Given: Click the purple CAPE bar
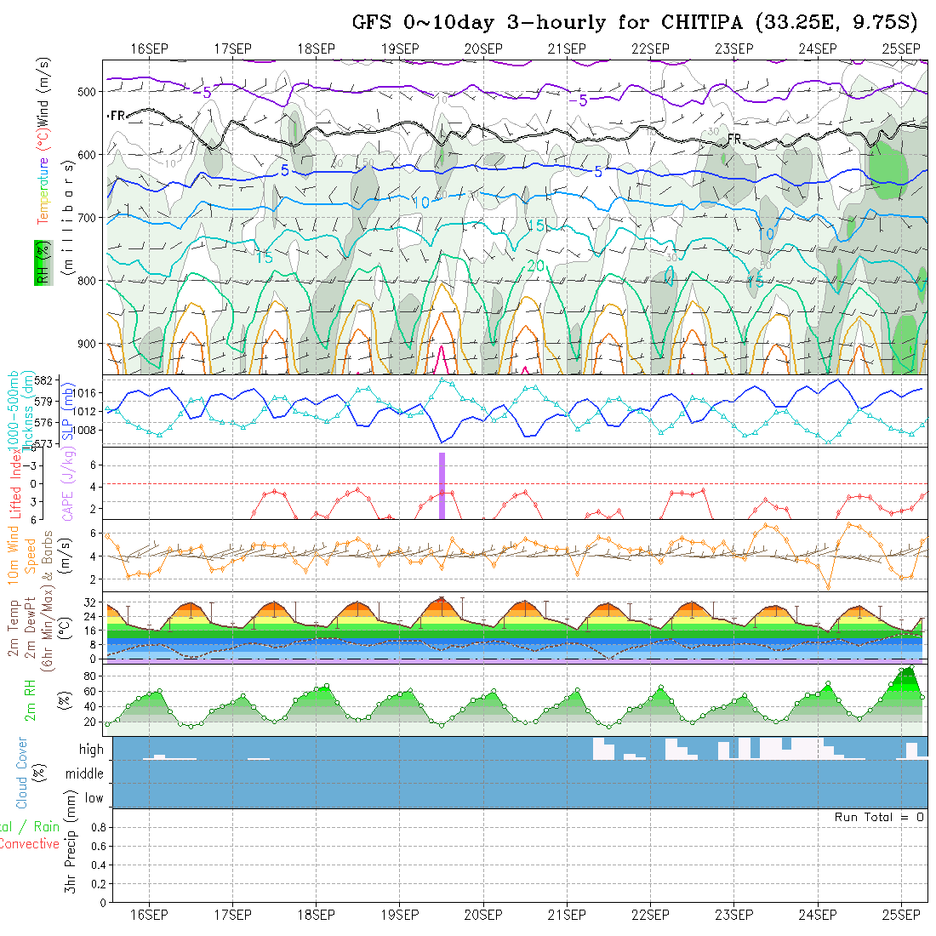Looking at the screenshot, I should point(442,485).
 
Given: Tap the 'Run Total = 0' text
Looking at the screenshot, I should point(879,817).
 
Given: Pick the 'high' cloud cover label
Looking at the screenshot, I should point(91,750).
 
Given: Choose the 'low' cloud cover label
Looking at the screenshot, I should point(94,798).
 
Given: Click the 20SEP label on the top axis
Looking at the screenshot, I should point(482,49).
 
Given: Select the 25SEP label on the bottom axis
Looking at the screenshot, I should point(900,915).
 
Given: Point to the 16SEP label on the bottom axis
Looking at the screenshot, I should point(149,915).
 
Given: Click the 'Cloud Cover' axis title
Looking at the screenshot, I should point(22,773).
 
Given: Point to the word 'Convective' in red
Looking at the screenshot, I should point(29,844).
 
